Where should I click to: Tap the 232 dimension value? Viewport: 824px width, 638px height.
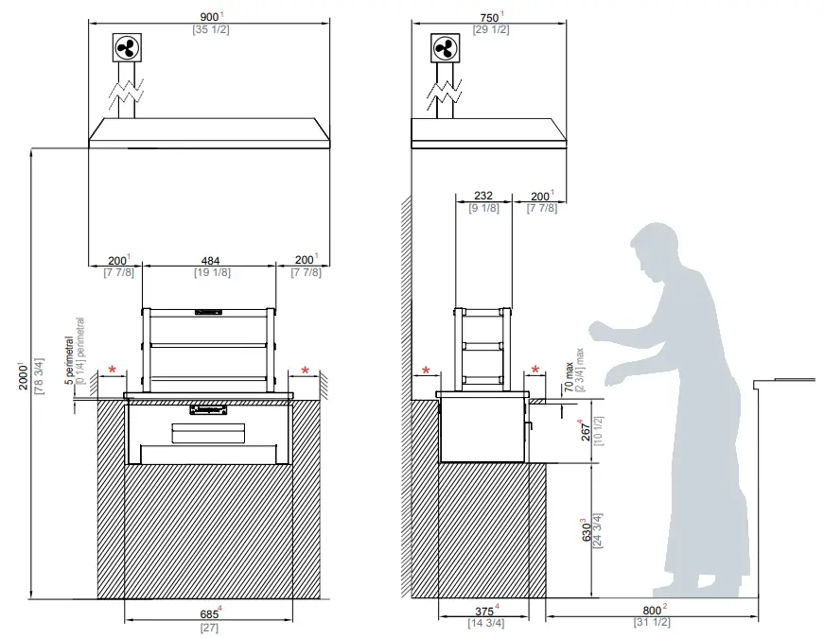click(482, 196)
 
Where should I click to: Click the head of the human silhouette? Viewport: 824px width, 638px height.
click(656, 250)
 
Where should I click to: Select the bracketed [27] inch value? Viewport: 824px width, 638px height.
click(209, 627)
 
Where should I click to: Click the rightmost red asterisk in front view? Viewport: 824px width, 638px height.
click(306, 370)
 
